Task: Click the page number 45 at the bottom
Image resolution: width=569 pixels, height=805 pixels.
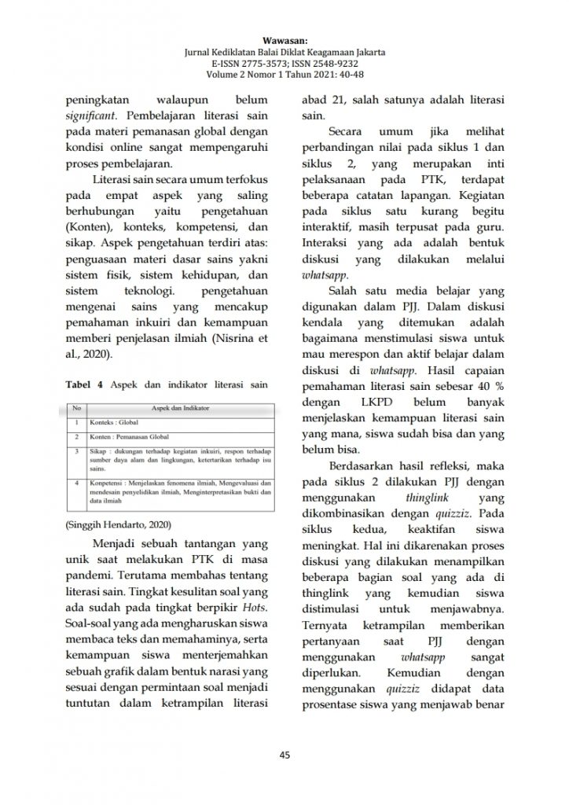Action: coord(284,755)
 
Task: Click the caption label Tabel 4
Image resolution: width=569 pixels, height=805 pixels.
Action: coord(83,384)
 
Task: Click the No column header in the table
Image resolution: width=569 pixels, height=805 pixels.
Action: coord(77,409)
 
